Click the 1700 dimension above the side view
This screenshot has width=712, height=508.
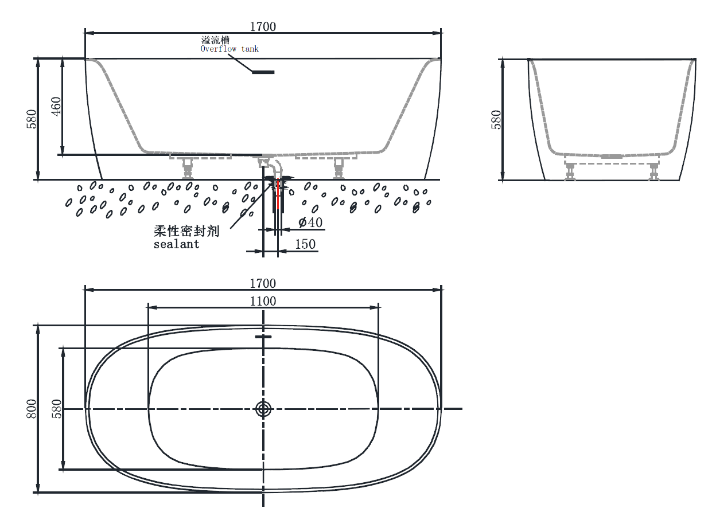263,27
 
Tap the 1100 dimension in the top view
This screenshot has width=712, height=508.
263,301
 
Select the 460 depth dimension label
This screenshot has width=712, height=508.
56,107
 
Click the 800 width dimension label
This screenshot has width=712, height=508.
32,409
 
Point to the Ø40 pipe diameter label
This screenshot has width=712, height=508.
310,222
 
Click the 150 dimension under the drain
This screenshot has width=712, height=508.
305,244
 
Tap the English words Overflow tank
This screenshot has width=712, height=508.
229,49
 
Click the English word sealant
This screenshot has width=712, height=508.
176,244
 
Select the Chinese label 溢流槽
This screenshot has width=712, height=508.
215,40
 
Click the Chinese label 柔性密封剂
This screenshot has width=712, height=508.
186,231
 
